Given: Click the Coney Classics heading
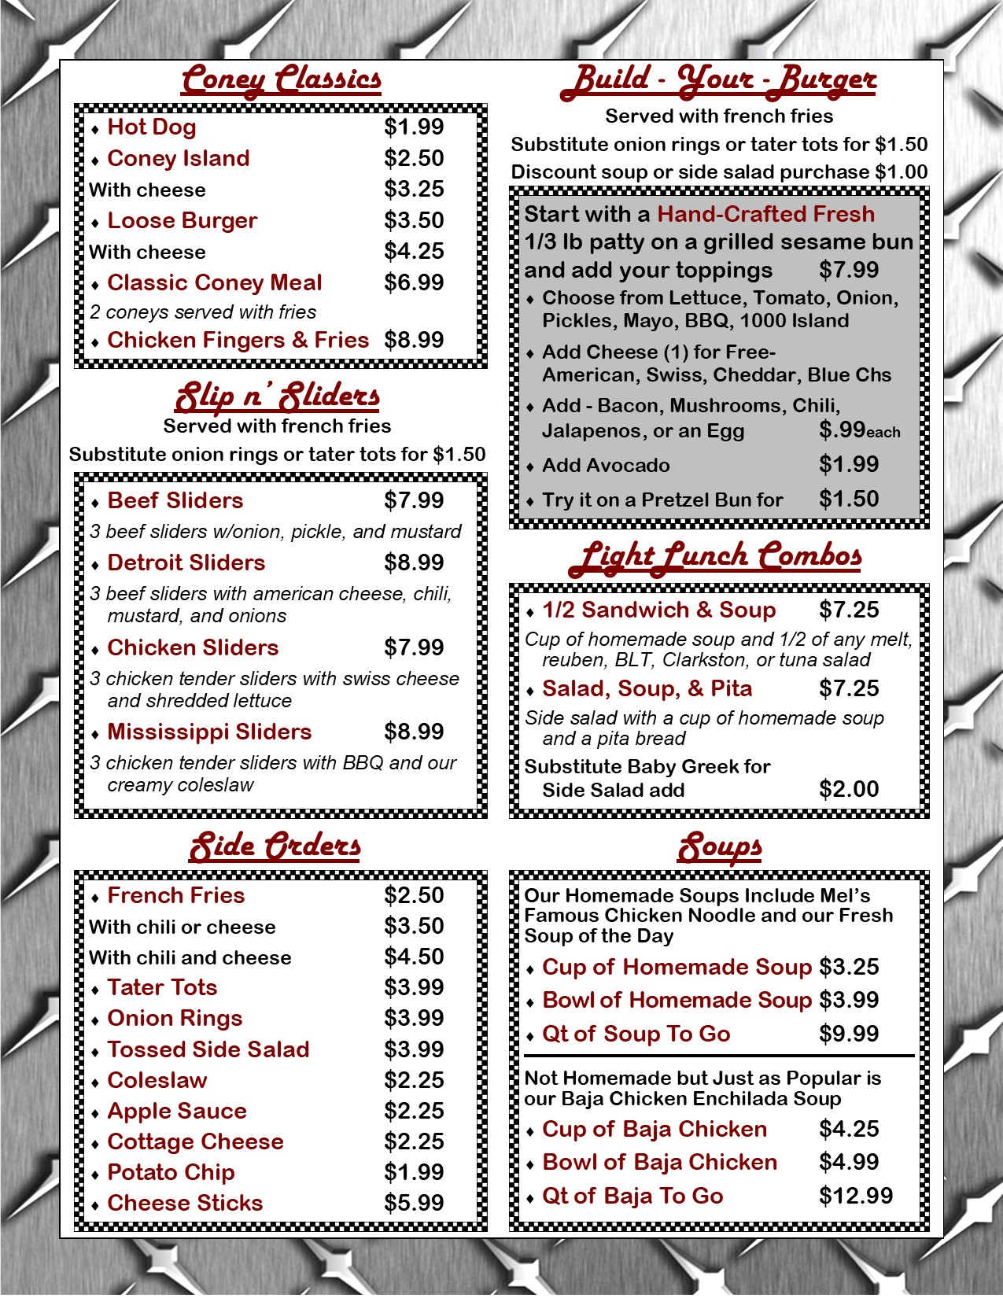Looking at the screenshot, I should (281, 80).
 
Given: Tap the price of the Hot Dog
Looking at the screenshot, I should (414, 127).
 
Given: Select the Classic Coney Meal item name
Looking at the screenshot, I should (215, 282).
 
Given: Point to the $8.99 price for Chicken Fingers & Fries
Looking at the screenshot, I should (414, 340).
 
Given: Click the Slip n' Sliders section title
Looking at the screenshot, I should (277, 396).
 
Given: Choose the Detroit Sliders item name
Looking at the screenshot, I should (186, 562).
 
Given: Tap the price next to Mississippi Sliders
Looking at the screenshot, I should (414, 732).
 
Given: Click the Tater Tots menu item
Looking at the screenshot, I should (162, 987).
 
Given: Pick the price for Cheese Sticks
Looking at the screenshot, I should (414, 1203).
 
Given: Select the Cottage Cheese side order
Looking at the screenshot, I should (195, 1141).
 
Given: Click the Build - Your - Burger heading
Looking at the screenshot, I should (718, 80).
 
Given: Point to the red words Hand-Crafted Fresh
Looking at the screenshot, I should (765, 214).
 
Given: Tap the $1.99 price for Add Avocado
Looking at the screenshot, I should (849, 464).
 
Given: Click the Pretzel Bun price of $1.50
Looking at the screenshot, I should (849, 499).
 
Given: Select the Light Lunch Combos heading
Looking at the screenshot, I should (716, 555).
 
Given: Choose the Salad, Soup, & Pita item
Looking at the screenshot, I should (647, 688).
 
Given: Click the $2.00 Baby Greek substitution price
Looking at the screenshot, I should (849, 789).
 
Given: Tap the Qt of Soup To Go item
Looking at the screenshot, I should (636, 1034).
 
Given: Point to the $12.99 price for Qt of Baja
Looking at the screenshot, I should (856, 1196).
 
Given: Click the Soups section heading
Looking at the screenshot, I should (720, 847).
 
